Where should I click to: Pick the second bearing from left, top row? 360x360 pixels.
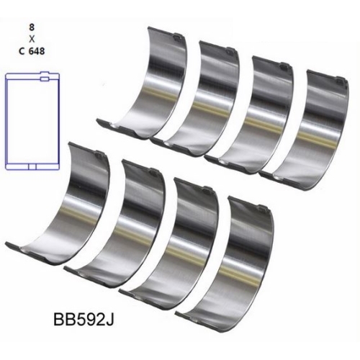pyautogui.click(x=198, y=97)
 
